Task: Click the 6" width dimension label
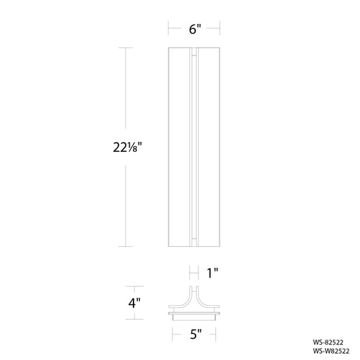coord(195,30)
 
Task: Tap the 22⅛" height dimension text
coord(127,148)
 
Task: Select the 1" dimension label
coord(212,274)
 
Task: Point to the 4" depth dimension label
coord(134,303)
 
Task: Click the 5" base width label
coord(195,334)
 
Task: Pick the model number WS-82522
coord(328,342)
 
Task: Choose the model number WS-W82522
coord(331,351)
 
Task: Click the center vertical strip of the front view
coord(194,147)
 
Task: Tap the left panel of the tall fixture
coord(179,147)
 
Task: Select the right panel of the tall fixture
coord(210,147)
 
